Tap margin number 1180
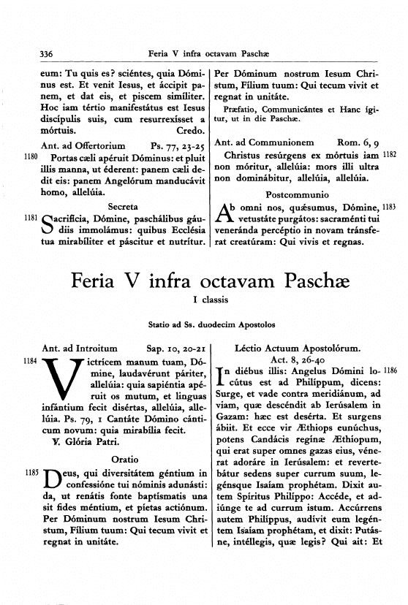click(31, 156)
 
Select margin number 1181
click(31, 217)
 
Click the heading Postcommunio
click(297, 197)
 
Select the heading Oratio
click(124, 461)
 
